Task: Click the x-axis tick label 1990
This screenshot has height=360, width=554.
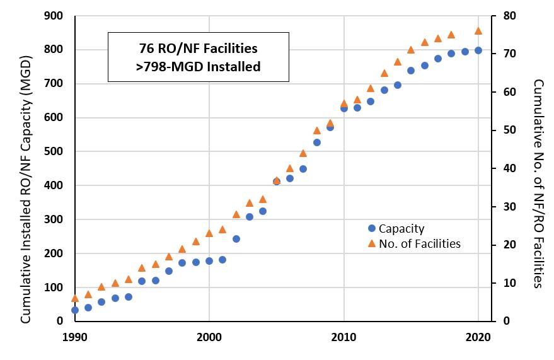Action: click(74, 337)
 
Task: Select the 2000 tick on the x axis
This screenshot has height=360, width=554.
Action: click(209, 337)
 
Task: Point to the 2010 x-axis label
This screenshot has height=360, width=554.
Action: click(344, 337)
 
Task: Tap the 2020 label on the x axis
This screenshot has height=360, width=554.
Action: click(478, 337)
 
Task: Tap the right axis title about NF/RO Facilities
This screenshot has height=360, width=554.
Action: click(538, 183)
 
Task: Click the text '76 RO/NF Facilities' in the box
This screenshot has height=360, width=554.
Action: click(198, 48)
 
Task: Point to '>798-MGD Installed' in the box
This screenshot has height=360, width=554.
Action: click(198, 66)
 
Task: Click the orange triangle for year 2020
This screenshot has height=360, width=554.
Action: click(478, 30)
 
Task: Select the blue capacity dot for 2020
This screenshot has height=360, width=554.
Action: click(478, 50)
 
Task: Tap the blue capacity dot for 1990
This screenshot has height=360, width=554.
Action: click(75, 310)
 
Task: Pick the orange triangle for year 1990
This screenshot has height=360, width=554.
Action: click(75, 298)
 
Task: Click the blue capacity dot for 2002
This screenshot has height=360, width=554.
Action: click(236, 239)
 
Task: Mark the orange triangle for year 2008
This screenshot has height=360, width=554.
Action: click(317, 131)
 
